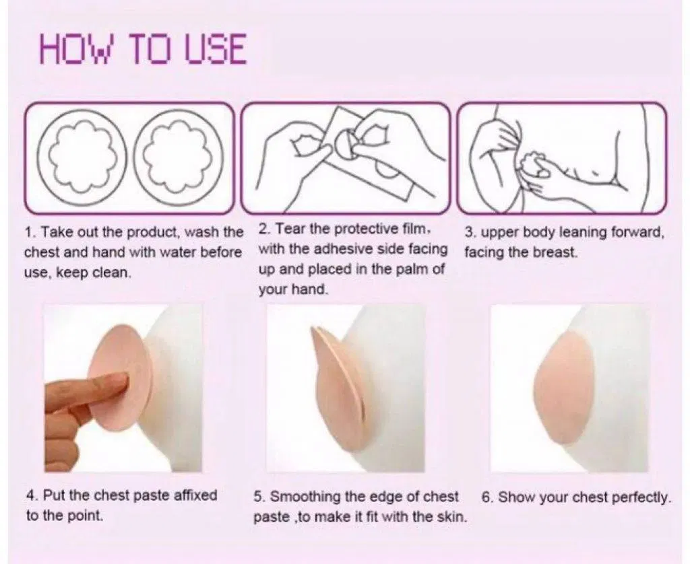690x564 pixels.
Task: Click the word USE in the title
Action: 215,49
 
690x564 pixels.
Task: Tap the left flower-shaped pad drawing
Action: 82,157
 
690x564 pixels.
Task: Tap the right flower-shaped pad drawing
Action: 178,157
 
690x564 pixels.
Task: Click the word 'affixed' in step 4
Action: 195,495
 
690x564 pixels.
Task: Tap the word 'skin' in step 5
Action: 453,516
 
